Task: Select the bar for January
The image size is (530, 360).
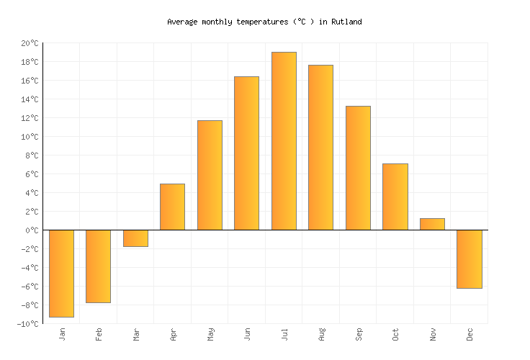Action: [61, 274]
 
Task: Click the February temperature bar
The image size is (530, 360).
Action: [98, 266]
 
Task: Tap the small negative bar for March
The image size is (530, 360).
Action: [135, 238]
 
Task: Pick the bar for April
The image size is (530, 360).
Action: [172, 207]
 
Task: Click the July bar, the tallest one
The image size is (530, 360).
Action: [284, 141]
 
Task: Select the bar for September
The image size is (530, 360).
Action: [358, 168]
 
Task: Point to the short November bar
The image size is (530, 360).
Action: [432, 224]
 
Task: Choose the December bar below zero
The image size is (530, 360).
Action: [469, 259]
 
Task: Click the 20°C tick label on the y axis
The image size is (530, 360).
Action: [30, 43]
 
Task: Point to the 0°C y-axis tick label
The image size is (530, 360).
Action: [32, 230]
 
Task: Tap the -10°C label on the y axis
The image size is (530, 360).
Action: [27, 324]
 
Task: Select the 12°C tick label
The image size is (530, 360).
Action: [30, 118]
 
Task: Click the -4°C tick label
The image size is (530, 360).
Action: [30, 268]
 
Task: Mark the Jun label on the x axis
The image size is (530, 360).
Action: [247, 335]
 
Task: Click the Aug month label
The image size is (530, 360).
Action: [321, 335]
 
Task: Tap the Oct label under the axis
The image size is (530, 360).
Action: [395, 335]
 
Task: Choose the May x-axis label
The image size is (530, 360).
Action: [210, 335]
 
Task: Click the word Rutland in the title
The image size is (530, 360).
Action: [346, 22]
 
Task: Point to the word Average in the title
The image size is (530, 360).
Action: [182, 22]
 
